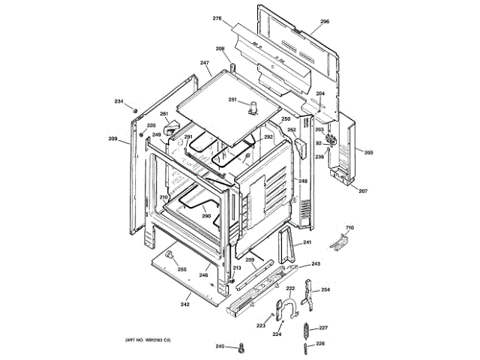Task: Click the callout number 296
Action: [x=324, y=22]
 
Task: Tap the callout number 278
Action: [x=217, y=18]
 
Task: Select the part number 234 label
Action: [x=118, y=101]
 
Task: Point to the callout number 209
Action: [x=113, y=139]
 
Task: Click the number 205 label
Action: [x=368, y=153]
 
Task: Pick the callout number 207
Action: [x=363, y=191]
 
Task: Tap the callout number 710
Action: [x=349, y=227]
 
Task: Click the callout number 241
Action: [x=306, y=244]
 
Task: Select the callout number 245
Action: [x=220, y=346]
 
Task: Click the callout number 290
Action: [x=205, y=216]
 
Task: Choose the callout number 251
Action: [x=232, y=100]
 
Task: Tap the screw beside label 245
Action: [x=241, y=347]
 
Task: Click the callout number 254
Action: [x=325, y=289]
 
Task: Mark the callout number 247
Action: [x=204, y=63]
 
